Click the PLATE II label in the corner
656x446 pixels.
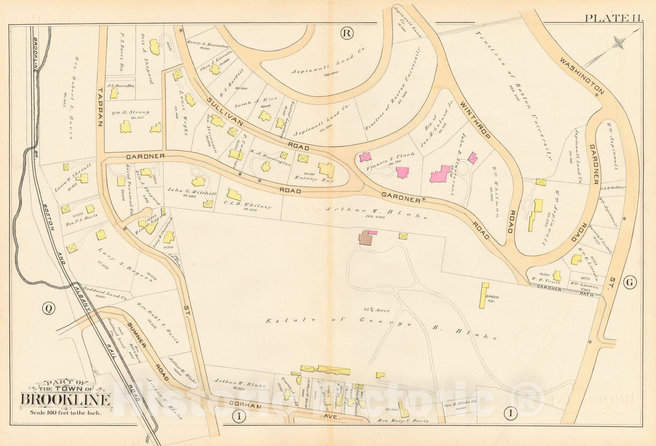click(614, 18)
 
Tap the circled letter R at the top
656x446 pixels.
click(346, 34)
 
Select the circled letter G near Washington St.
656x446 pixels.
click(630, 282)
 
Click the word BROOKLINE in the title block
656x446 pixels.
click(66, 400)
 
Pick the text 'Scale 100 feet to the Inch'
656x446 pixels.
click(65, 412)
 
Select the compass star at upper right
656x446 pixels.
click(618, 42)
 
